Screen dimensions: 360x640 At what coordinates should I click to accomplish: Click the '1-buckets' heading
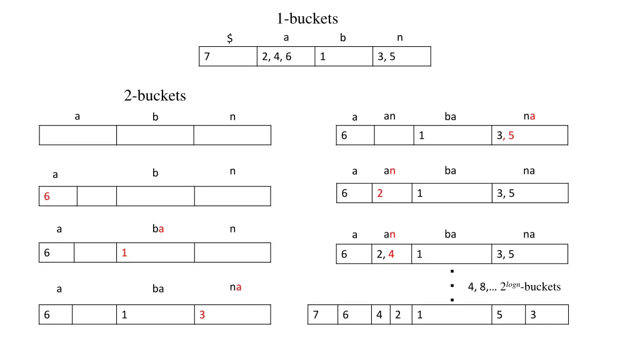307,18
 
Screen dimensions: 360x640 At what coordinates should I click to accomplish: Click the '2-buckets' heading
154,96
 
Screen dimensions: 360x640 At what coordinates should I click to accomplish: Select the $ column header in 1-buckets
230,39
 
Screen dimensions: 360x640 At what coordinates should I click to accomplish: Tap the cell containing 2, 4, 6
286,57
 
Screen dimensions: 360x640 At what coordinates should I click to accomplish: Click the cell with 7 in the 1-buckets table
227,57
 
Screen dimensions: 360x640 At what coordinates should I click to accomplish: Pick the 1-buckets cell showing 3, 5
401,57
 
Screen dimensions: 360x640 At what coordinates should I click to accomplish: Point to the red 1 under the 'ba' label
124,253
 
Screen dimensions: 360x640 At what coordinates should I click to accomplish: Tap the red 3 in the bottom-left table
202,316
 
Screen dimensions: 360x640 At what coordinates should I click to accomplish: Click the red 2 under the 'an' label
380,194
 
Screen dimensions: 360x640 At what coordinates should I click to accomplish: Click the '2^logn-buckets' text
514,287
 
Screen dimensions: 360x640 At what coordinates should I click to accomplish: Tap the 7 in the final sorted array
316,315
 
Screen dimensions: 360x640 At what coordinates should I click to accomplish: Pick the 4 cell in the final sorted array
379,315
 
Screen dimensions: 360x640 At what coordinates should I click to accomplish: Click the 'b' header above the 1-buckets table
342,38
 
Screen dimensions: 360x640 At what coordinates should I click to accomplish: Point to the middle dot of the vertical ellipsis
451,286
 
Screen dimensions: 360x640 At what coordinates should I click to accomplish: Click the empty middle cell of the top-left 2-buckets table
154,135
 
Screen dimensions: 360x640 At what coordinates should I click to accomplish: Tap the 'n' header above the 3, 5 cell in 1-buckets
400,38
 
